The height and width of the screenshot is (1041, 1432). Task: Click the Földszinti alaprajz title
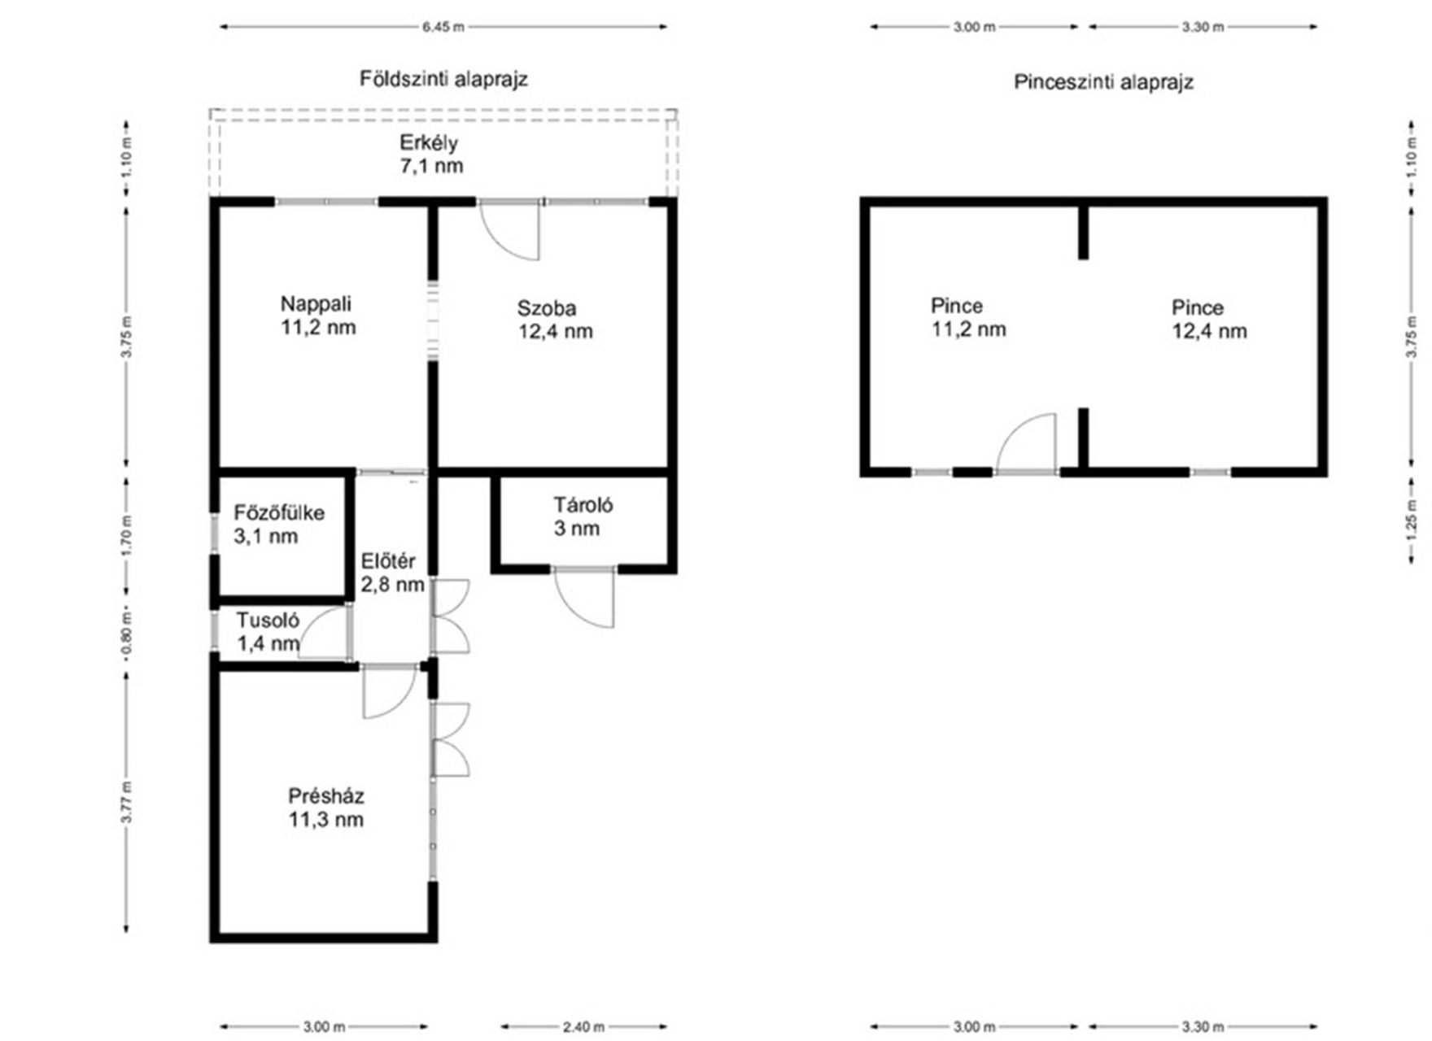(x=444, y=79)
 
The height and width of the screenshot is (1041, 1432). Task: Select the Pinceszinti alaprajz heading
(x=1103, y=82)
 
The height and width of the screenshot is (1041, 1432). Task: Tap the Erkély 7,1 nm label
(x=431, y=155)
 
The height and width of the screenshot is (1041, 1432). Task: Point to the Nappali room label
(x=318, y=316)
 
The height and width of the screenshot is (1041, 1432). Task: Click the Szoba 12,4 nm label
(x=556, y=320)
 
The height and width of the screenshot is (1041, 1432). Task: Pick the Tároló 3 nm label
(x=583, y=516)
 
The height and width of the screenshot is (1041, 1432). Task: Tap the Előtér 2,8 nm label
(x=393, y=573)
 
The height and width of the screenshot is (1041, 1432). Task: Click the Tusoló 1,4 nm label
(x=268, y=632)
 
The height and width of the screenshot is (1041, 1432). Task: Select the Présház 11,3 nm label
(x=325, y=808)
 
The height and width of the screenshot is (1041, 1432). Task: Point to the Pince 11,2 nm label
(x=968, y=317)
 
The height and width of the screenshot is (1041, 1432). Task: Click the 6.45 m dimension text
(x=443, y=27)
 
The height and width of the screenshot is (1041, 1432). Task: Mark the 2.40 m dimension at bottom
(x=583, y=1027)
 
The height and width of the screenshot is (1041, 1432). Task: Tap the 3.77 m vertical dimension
(x=126, y=802)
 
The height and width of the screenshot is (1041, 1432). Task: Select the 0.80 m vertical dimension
(x=126, y=632)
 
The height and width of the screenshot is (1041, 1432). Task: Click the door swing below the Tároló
(x=584, y=599)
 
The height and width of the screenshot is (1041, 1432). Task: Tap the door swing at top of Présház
(x=389, y=692)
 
